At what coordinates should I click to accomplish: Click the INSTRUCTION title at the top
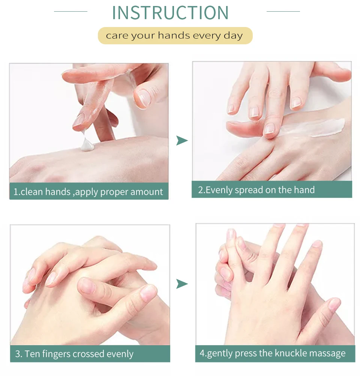click(x=170, y=13)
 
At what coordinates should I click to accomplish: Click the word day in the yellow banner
click(x=233, y=36)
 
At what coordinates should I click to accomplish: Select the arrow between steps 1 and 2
click(x=182, y=140)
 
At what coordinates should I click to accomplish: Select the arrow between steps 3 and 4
click(x=182, y=284)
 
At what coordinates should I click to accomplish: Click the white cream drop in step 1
click(x=87, y=144)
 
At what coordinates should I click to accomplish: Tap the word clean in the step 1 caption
click(x=32, y=192)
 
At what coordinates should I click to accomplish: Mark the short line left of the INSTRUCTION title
click(x=71, y=11)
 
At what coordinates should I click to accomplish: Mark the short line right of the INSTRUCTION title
click(x=283, y=11)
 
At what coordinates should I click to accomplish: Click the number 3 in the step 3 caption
click(x=18, y=354)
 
